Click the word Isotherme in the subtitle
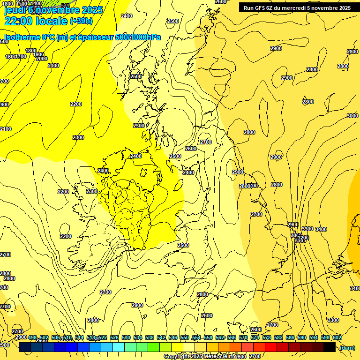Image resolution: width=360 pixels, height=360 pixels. pos(22,37)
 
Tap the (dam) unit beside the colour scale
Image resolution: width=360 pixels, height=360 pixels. pos(346,348)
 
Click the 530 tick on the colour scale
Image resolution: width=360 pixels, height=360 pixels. pos(126,337)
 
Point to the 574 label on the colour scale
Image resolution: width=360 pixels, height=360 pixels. pos(255,337)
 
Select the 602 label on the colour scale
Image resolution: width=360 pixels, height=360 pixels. pos(337,337)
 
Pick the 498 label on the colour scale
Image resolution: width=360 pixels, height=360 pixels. pos(32,337)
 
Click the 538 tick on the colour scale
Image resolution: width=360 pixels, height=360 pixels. pos(150,337)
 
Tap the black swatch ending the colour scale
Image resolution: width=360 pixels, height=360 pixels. pos(330,347)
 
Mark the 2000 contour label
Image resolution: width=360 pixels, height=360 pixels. pos(41,59)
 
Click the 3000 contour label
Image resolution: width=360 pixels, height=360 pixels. pos(352,116)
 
